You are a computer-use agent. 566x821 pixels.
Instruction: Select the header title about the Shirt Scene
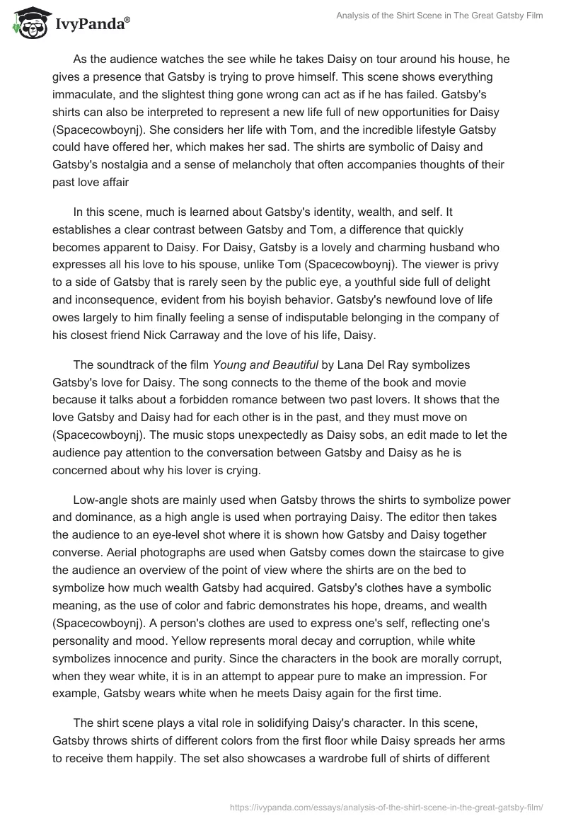(x=439, y=16)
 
